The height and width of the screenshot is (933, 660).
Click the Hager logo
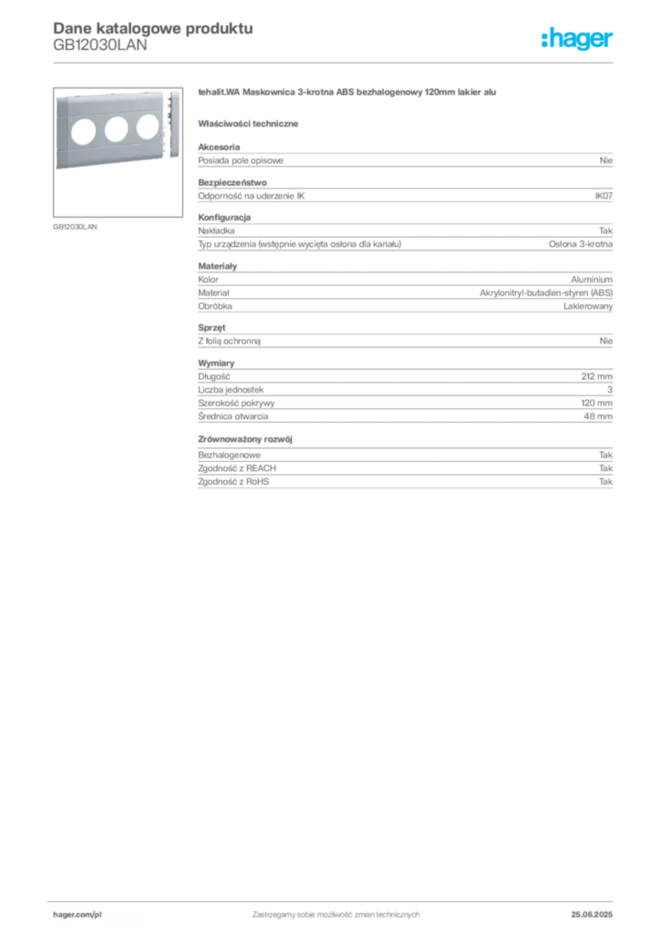coord(576,38)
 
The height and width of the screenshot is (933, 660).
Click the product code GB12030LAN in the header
coord(100,46)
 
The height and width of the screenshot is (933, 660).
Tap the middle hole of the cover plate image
coord(116,129)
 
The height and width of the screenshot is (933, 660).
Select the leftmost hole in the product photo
coord(83,132)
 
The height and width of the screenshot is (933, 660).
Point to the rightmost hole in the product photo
coord(148,126)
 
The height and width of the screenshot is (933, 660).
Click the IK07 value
coord(603,196)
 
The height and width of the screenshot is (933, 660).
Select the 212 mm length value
coord(596,376)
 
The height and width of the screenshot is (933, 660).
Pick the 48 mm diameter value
coord(597,416)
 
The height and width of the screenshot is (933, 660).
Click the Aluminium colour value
coord(592,280)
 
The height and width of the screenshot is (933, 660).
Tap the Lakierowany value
coord(588,306)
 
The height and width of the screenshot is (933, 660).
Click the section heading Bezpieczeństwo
coord(232,182)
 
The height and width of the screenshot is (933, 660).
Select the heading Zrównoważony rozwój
coord(245,439)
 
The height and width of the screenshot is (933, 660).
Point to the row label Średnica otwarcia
coord(233,416)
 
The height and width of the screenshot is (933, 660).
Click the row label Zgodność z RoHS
coord(233,482)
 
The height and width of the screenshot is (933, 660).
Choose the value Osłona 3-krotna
coord(581,244)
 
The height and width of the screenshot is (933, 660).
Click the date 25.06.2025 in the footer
coord(592,915)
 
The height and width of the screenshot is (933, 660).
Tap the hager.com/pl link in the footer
coord(77,915)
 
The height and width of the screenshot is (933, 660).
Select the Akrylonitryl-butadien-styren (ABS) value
coord(546,292)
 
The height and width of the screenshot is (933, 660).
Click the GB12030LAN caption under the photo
coord(75,227)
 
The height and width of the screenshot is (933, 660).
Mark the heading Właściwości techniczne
coord(248,124)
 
